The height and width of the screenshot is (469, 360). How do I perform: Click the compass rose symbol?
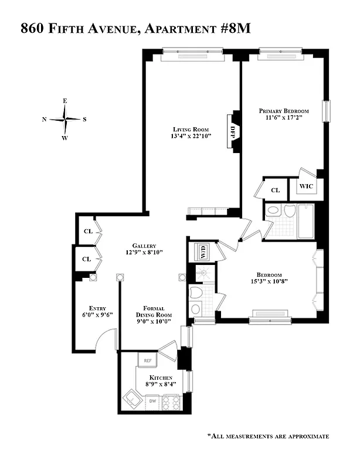click(64, 120)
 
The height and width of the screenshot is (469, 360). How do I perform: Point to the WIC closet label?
click(307, 186)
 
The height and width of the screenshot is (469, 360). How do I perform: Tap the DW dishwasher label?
click(151, 401)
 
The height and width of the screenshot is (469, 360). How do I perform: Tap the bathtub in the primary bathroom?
click(305, 221)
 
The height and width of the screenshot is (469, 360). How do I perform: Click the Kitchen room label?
click(159, 378)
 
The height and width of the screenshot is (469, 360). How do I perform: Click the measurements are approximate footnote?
click(267, 436)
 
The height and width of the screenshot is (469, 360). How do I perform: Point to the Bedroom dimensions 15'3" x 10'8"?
click(269, 281)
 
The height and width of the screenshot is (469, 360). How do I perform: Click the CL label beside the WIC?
click(275, 190)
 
